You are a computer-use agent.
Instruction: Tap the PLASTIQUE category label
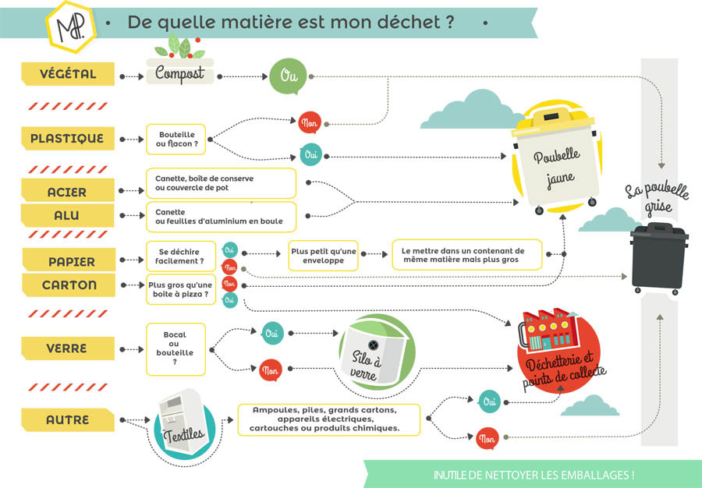click(x=66, y=139)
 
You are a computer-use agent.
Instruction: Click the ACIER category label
click(x=67, y=192)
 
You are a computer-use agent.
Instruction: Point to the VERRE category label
click(x=66, y=348)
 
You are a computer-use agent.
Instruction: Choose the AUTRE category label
click(x=67, y=420)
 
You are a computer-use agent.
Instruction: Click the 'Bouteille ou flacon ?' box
click(x=176, y=140)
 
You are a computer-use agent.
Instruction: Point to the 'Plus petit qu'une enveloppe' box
click(x=323, y=256)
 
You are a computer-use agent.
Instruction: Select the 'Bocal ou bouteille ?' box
click(x=176, y=348)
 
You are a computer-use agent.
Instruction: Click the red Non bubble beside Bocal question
click(x=271, y=370)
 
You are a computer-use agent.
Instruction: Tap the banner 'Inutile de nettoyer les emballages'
click(x=534, y=473)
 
